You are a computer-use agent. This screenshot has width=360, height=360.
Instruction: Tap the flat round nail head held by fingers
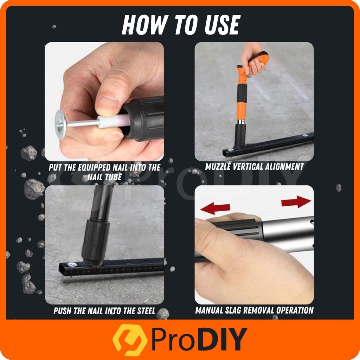pyautogui.click(x=60, y=124)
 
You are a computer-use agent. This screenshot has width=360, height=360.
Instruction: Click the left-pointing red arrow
pyautogui.click(x=216, y=208)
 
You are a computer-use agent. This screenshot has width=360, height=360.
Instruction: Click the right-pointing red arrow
pyautogui.click(x=296, y=201)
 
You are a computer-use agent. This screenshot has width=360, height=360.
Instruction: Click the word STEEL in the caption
pyautogui.click(x=146, y=311)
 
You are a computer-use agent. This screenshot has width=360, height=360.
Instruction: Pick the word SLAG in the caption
pyautogui.click(x=233, y=310)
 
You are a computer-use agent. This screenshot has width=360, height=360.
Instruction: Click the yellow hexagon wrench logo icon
pyautogui.click(x=130, y=340)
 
